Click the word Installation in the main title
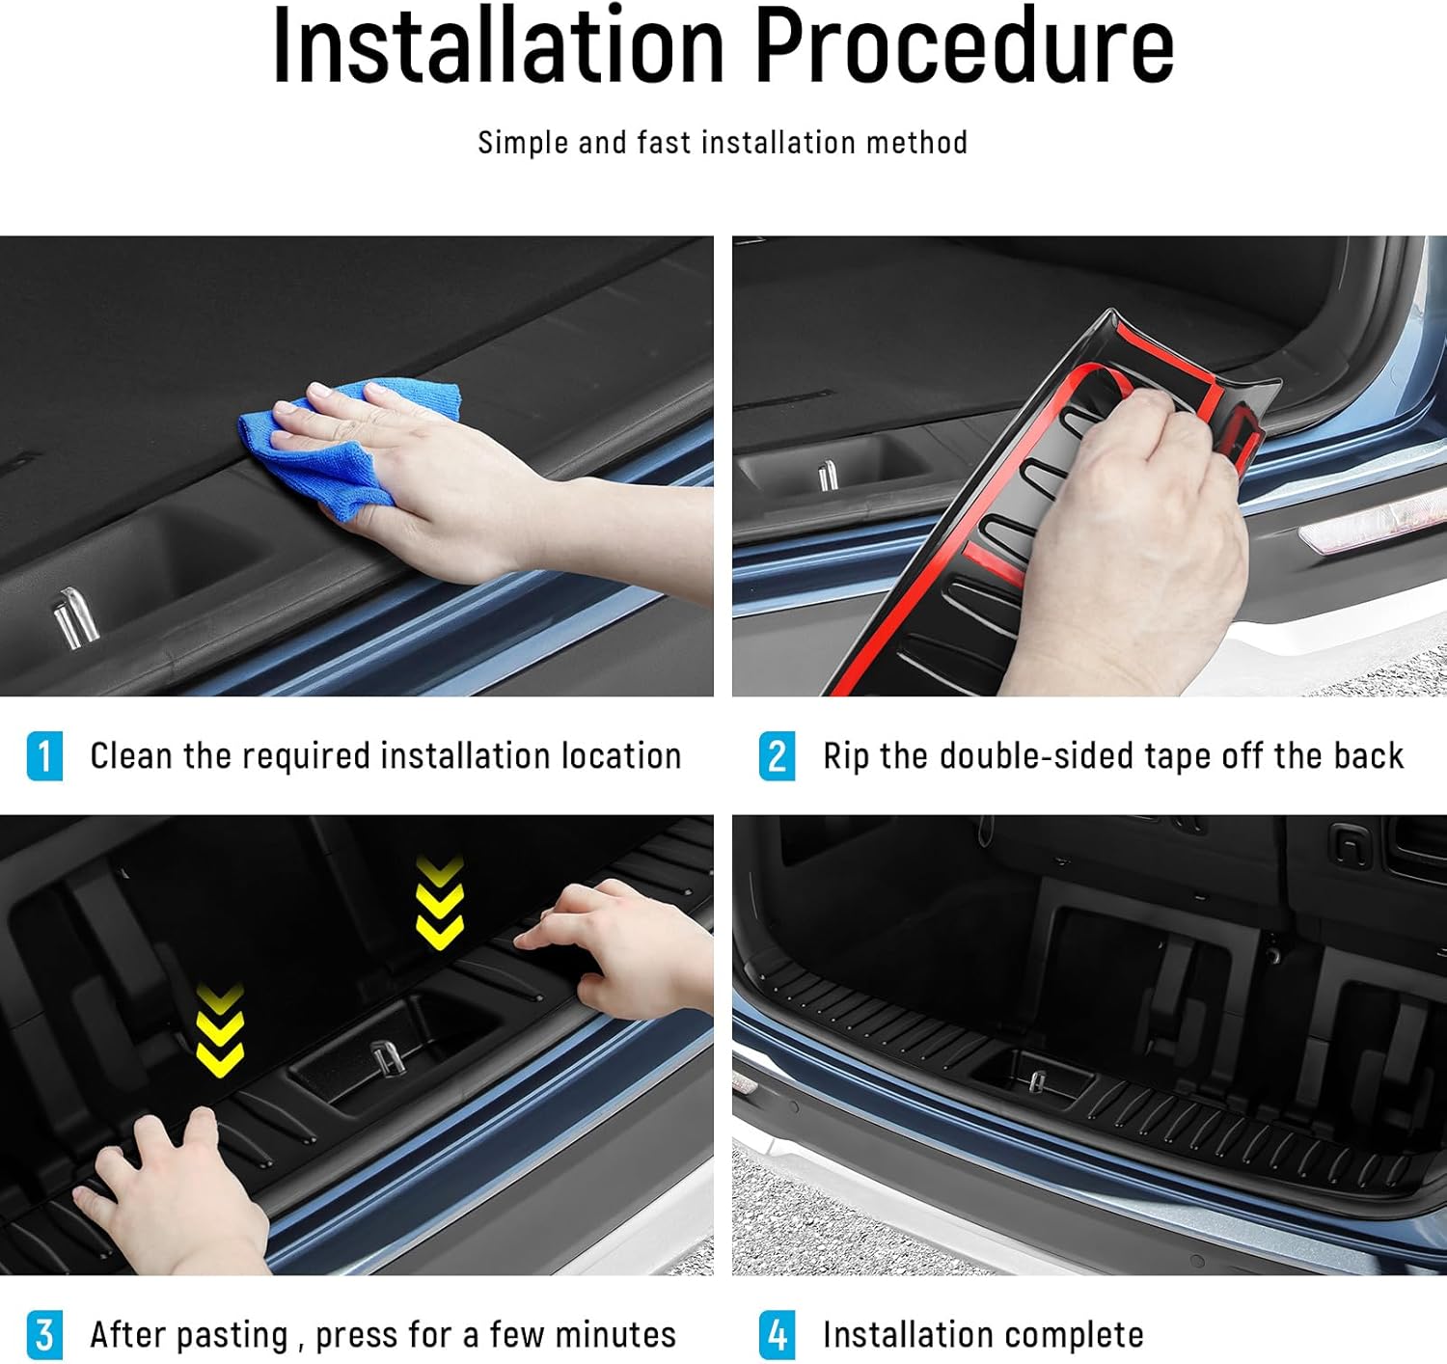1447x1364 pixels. (x=498, y=46)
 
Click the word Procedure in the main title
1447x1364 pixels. (x=964, y=46)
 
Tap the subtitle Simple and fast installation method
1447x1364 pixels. (x=723, y=143)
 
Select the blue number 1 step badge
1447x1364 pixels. (x=44, y=756)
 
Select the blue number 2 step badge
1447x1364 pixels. (x=777, y=756)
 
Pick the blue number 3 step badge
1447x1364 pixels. (x=44, y=1335)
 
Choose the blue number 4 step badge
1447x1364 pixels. (x=777, y=1335)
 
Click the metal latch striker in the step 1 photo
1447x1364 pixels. (x=75, y=617)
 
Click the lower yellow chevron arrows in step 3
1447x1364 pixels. (x=221, y=1030)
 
